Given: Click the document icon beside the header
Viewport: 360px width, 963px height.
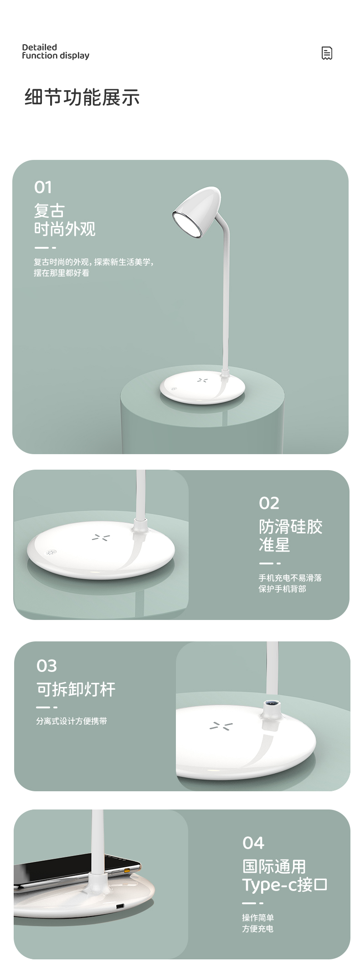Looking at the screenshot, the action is (327, 53).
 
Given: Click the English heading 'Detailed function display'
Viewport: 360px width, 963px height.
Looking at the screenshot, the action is (56, 51).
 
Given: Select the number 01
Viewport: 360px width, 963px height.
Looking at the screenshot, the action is (43, 187).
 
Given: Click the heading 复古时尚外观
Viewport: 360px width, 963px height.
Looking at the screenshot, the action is (65, 220).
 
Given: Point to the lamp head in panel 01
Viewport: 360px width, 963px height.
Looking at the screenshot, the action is (196, 213).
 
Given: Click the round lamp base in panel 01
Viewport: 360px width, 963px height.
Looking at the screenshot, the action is (202, 388).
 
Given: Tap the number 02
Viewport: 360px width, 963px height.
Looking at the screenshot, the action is (269, 503).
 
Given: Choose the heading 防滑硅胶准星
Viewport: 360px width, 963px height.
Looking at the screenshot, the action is (290, 536).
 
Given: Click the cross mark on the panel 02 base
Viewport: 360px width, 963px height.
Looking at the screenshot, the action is (98, 537).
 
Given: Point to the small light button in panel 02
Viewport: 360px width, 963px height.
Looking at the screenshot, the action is (51, 553).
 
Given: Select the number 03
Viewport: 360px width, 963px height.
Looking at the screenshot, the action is (46, 666).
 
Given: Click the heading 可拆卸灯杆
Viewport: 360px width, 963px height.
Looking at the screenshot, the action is (76, 689).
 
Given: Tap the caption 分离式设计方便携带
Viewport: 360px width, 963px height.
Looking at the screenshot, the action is (72, 721).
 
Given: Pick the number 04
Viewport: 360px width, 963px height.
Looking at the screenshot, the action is (253, 843).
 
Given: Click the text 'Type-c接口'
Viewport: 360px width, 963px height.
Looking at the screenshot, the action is (285, 885).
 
